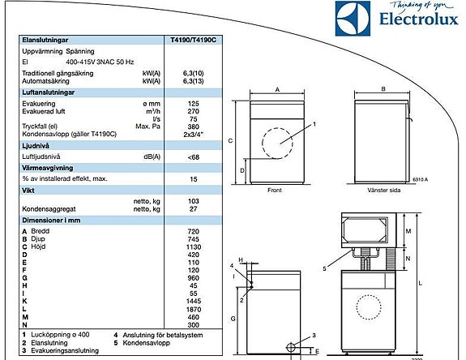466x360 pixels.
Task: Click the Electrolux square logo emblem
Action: pos(353,19)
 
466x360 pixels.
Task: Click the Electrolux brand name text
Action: pos(419,19)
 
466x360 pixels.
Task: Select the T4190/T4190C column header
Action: pos(193,40)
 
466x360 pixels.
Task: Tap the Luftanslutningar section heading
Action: pos(48,92)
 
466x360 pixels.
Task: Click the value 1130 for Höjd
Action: pos(194,247)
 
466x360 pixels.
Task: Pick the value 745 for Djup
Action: pos(193,239)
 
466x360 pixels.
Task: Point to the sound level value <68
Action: pos(194,157)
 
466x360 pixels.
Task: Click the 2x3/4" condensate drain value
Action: pos(194,135)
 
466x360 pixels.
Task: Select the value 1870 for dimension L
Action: pos(194,310)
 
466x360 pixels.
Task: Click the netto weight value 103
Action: pos(193,201)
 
